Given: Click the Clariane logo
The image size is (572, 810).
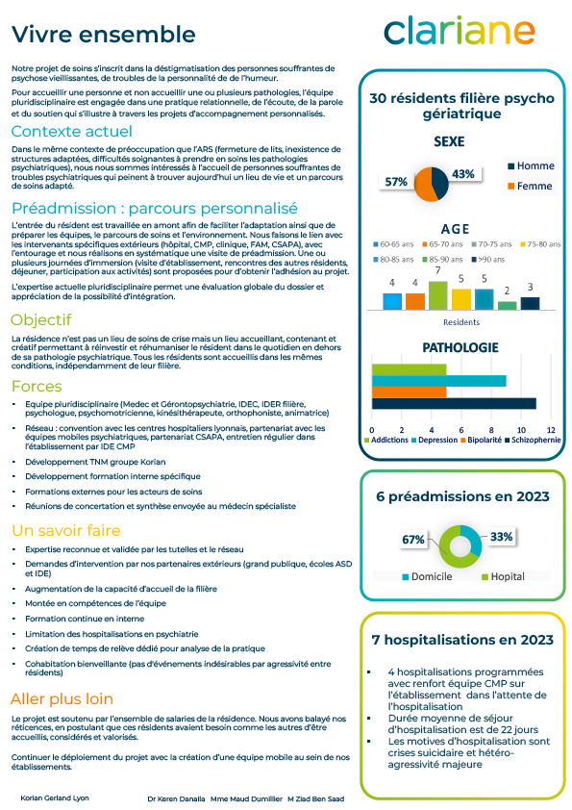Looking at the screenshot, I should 460,32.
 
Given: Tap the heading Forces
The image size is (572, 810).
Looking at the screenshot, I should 37,386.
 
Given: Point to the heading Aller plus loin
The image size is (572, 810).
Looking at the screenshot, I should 62,698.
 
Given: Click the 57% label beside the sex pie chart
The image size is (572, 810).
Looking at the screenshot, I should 395,181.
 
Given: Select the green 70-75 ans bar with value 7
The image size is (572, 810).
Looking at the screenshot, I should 437,294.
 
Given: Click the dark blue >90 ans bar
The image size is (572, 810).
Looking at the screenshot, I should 530,302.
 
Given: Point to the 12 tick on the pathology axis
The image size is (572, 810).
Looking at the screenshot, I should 551,428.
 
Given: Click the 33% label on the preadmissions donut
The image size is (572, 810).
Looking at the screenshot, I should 501,536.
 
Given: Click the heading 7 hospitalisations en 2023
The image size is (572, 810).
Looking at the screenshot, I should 462,640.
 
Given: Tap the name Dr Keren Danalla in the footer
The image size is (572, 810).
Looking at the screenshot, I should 176,798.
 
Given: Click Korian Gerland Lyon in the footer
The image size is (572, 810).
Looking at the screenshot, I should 54,798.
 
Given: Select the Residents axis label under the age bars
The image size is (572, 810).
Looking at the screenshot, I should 460,321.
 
